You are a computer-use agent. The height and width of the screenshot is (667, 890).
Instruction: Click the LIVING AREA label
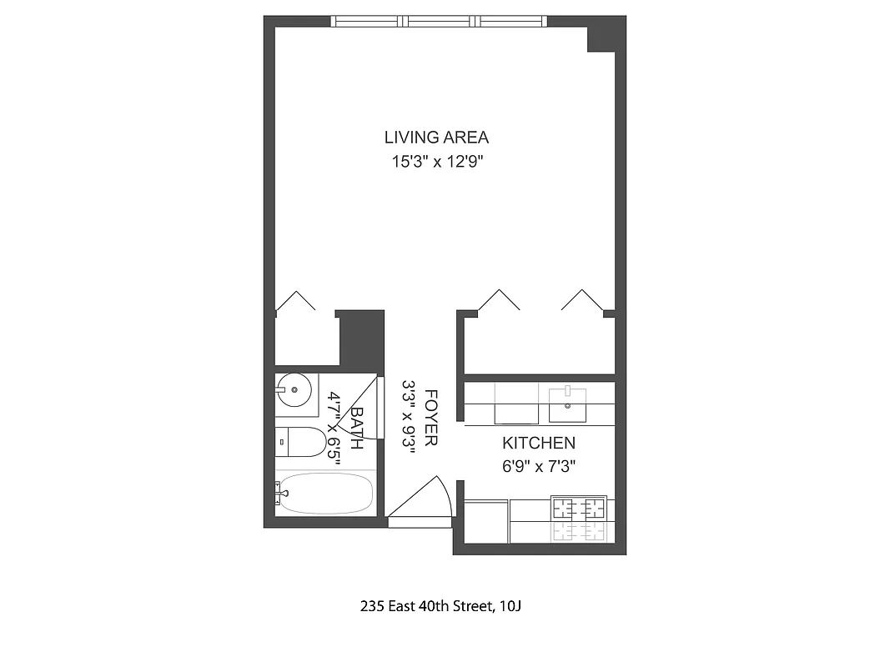point(436,138)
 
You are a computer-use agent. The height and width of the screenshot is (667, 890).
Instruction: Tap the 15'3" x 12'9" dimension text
point(438,162)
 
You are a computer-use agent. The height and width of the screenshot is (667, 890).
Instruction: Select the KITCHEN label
point(538,443)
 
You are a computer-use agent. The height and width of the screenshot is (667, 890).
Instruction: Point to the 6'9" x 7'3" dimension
point(539,467)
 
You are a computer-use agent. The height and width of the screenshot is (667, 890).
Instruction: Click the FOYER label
point(430,417)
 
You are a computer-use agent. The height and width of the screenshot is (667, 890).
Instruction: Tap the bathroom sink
point(294,389)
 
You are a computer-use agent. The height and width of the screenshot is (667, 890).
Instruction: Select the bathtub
point(324,494)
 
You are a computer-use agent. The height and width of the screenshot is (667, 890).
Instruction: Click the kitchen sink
point(567,405)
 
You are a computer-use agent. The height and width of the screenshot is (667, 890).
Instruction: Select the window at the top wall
point(439,22)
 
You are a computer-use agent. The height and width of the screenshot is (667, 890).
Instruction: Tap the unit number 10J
point(510,606)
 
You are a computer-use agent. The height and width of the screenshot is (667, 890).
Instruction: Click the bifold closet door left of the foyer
point(295,301)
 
